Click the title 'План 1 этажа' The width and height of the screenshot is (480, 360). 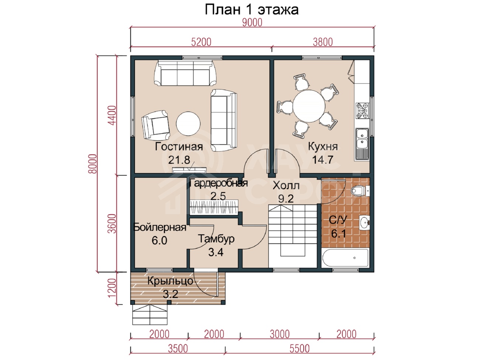(251, 10)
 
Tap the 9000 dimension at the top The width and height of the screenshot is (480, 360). (252, 23)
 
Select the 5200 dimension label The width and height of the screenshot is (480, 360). (201, 42)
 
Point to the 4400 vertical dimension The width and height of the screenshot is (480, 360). (112, 115)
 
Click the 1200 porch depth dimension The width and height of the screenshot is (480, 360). (112, 288)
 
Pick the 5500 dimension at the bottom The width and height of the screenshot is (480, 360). (299, 349)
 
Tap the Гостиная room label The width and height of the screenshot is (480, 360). (179, 147)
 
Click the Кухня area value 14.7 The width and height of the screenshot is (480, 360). (323, 160)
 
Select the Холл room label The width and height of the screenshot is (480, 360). (286, 186)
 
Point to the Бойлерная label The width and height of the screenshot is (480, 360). (160, 227)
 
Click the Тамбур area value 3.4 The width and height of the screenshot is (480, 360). (216, 253)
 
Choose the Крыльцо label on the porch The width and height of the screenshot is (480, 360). (170, 281)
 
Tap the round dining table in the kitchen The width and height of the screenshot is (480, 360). (309, 106)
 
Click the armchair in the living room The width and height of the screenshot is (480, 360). (156, 125)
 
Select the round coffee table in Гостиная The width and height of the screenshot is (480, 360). (188, 123)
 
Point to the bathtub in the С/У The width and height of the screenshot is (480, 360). (345, 258)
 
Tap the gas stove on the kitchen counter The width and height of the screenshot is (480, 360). (362, 111)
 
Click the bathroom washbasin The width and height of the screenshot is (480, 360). (364, 223)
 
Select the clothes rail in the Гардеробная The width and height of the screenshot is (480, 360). (214, 207)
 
